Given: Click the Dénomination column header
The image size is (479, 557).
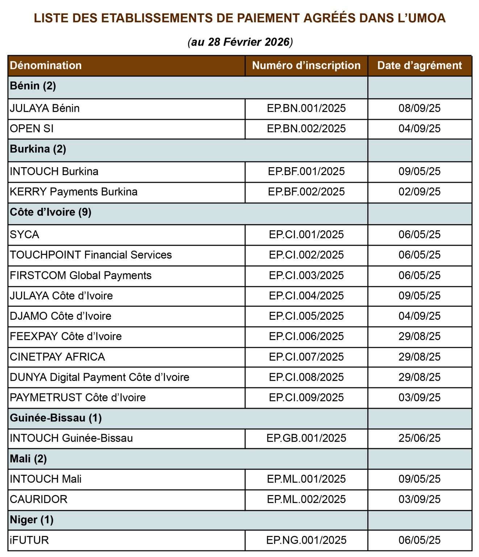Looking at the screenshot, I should (x=46, y=65).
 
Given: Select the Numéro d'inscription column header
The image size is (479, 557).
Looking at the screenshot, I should (x=306, y=65).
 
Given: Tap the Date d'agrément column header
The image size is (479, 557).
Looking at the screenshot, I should (x=420, y=65).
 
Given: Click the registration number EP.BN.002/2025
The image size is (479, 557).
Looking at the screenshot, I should (x=306, y=128).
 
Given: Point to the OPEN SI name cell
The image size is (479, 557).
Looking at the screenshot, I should (x=32, y=128).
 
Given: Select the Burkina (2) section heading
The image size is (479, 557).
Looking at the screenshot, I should (x=38, y=149).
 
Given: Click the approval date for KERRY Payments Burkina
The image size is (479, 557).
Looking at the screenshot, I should (x=420, y=191).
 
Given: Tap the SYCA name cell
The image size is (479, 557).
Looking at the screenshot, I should (x=24, y=234).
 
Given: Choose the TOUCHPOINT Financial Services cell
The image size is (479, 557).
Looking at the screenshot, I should (x=91, y=255).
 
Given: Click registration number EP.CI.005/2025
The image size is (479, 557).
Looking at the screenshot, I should (x=306, y=316).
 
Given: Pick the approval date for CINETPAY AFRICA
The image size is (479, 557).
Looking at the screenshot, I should (x=420, y=357).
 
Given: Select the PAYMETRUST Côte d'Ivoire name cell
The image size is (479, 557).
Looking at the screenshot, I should (x=78, y=397).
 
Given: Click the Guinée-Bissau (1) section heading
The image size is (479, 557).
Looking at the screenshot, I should (x=56, y=418).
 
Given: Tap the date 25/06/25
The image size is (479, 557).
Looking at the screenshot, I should (x=420, y=438).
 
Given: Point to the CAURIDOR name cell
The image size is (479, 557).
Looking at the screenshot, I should (x=38, y=499).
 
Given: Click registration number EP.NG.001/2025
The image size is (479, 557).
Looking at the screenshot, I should (x=306, y=540).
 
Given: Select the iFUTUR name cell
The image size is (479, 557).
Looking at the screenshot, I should (x=29, y=540).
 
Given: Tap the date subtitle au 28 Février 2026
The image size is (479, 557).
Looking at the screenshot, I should (x=240, y=42).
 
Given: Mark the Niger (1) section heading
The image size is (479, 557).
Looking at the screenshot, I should (x=32, y=520).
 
